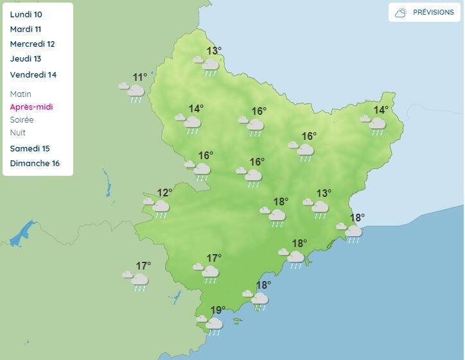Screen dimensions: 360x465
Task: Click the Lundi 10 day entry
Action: (x=26, y=14)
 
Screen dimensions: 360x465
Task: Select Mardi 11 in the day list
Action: (x=26, y=29)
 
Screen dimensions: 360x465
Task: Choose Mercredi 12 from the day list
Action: (x=33, y=44)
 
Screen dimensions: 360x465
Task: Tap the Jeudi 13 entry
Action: (x=26, y=59)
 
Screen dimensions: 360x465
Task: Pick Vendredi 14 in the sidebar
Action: (x=33, y=74)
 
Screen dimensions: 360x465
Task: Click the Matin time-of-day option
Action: (x=21, y=94)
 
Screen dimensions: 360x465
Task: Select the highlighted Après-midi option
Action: (x=31, y=107)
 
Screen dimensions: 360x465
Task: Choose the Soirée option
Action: (x=22, y=119)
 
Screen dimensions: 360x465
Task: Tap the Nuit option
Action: (x=18, y=132)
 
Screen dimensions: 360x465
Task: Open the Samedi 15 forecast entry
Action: (x=30, y=148)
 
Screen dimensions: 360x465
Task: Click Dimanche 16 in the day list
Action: (x=35, y=163)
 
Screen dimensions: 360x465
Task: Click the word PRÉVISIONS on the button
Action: (x=433, y=12)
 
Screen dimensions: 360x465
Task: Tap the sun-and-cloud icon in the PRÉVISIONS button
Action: (x=401, y=12)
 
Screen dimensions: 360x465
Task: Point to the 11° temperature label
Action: (x=139, y=78)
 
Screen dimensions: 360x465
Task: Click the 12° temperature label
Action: (x=164, y=193)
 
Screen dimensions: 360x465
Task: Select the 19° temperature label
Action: (x=218, y=311)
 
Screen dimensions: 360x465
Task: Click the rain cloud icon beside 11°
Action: (x=132, y=91)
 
